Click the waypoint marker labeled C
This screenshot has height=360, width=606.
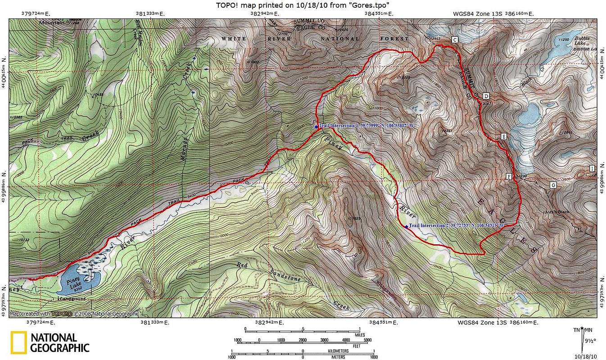(x=455, y=40)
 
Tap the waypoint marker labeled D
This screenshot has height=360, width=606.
(x=486, y=96)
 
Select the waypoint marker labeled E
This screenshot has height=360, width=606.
(x=503, y=136)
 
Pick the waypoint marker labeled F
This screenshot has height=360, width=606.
(x=509, y=176)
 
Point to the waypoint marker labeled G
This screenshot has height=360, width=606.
(x=553, y=185)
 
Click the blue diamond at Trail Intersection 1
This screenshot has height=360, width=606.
(x=316, y=126)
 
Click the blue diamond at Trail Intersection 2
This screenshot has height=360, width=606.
(x=406, y=226)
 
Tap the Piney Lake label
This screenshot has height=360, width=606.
(x=73, y=284)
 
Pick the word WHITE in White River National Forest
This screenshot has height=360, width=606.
(x=234, y=39)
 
